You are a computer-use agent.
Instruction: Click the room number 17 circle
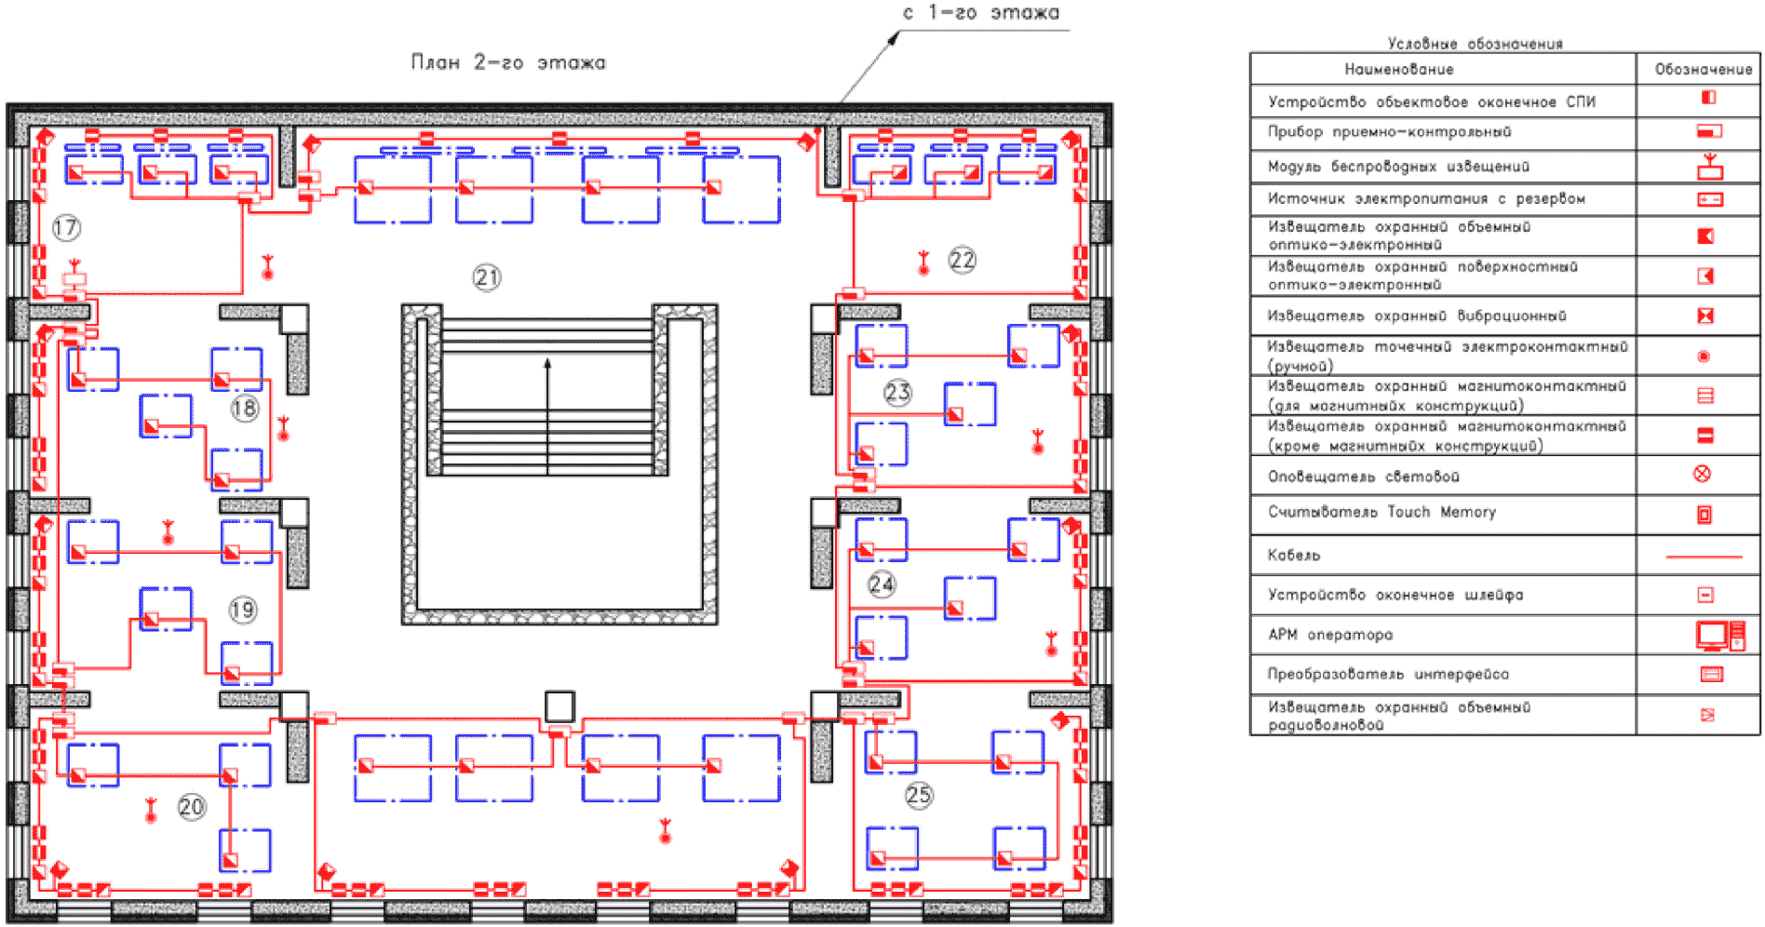click(66, 227)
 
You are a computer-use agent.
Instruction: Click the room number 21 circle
click(487, 277)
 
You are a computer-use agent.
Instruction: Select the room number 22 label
click(963, 260)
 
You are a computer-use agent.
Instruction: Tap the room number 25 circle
click(919, 795)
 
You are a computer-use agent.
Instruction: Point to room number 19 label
click(243, 610)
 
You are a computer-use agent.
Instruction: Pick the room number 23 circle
click(897, 393)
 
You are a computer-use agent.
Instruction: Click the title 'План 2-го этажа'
click(508, 62)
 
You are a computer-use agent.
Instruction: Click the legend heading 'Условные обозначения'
click(1475, 44)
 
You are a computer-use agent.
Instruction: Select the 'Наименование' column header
click(1398, 69)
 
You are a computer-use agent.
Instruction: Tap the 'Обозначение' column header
click(1703, 69)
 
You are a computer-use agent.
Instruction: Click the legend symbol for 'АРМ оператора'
click(1719, 635)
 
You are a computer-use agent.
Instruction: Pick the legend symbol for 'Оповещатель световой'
click(1702, 475)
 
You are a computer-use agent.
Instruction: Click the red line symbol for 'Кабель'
click(1703, 557)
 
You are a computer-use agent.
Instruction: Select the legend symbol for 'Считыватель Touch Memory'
click(1704, 515)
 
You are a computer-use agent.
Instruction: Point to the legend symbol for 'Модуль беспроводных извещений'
click(1710, 168)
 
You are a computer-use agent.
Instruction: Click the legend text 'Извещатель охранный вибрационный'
click(1416, 316)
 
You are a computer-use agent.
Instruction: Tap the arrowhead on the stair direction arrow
click(547, 364)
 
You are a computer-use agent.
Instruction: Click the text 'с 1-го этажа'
click(981, 13)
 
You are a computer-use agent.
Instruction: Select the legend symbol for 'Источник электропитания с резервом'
click(1710, 199)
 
